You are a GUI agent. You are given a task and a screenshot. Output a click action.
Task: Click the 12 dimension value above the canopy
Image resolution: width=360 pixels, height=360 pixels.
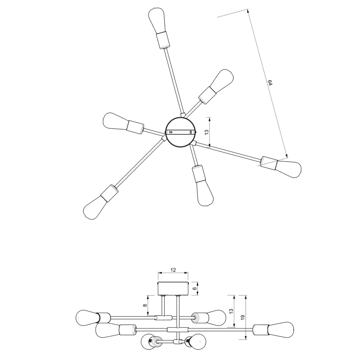coord(173,270)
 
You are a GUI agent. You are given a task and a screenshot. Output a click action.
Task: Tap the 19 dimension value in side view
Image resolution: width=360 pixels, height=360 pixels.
coord(243,317)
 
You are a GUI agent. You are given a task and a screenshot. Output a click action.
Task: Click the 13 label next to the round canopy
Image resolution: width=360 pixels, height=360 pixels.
coord(206,132)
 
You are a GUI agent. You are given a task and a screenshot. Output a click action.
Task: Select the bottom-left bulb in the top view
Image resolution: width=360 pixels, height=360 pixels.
coord(94,207)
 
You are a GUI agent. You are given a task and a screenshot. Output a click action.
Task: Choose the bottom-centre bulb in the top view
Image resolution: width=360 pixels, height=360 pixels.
coord(205,194)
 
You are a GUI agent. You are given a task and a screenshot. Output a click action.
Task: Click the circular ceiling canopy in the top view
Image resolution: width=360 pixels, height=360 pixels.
coord(180,132)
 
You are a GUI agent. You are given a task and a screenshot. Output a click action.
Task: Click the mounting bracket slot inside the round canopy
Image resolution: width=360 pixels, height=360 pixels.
coord(180,132)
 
